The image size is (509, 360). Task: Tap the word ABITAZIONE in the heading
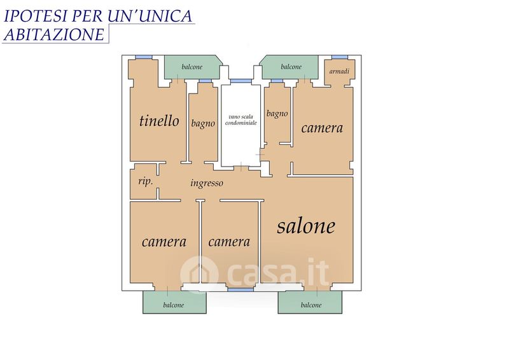click(x=54, y=34)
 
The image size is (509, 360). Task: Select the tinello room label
click(x=159, y=121)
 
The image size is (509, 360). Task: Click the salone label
click(x=306, y=226)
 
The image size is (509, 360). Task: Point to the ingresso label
click(x=207, y=183)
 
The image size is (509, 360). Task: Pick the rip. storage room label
click(x=146, y=181)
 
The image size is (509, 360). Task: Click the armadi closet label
click(x=339, y=71)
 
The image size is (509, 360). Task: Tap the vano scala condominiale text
click(x=241, y=120)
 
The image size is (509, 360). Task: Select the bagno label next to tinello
click(x=203, y=123)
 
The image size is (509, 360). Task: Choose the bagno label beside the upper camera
click(x=277, y=114)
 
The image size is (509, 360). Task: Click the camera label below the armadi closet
click(x=322, y=128)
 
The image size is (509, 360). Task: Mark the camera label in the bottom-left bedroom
click(x=164, y=242)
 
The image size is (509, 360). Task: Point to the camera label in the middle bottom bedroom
click(x=229, y=242)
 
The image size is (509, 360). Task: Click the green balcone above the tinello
click(x=192, y=67)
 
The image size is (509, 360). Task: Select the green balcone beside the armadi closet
click(x=291, y=67)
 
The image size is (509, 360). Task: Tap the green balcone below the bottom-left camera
click(x=174, y=302)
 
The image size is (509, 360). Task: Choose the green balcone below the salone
click(x=310, y=302)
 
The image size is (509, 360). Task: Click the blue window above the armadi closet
click(x=340, y=57)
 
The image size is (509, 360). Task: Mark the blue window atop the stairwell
click(x=241, y=81)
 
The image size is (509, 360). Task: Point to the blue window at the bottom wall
click(x=241, y=289)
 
